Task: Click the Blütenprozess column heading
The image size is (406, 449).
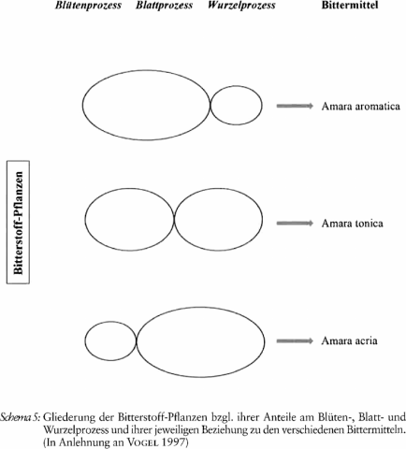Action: (x=88, y=6)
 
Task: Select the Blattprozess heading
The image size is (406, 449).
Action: (x=164, y=6)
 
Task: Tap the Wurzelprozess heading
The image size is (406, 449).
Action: (x=241, y=6)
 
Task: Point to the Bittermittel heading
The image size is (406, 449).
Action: (x=350, y=6)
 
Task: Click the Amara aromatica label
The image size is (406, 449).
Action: (x=361, y=107)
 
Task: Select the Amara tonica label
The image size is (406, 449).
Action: (x=353, y=224)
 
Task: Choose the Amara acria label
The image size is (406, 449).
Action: (x=350, y=340)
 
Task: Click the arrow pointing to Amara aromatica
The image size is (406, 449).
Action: (x=295, y=106)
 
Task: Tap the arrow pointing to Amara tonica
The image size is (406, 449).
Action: (x=295, y=223)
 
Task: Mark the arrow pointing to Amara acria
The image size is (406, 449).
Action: (x=295, y=340)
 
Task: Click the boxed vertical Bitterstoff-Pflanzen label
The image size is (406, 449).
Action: (x=19, y=223)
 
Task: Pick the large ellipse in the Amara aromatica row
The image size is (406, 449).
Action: (x=82, y=105)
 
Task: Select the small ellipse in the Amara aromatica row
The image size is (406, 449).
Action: (x=262, y=106)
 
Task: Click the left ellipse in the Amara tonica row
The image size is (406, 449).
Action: (x=85, y=219)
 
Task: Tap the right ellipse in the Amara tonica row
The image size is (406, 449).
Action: (x=263, y=219)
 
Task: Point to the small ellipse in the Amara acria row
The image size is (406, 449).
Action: (x=85, y=340)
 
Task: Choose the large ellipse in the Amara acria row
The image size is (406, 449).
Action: (x=265, y=341)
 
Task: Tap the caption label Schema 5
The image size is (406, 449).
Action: (x=21, y=417)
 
